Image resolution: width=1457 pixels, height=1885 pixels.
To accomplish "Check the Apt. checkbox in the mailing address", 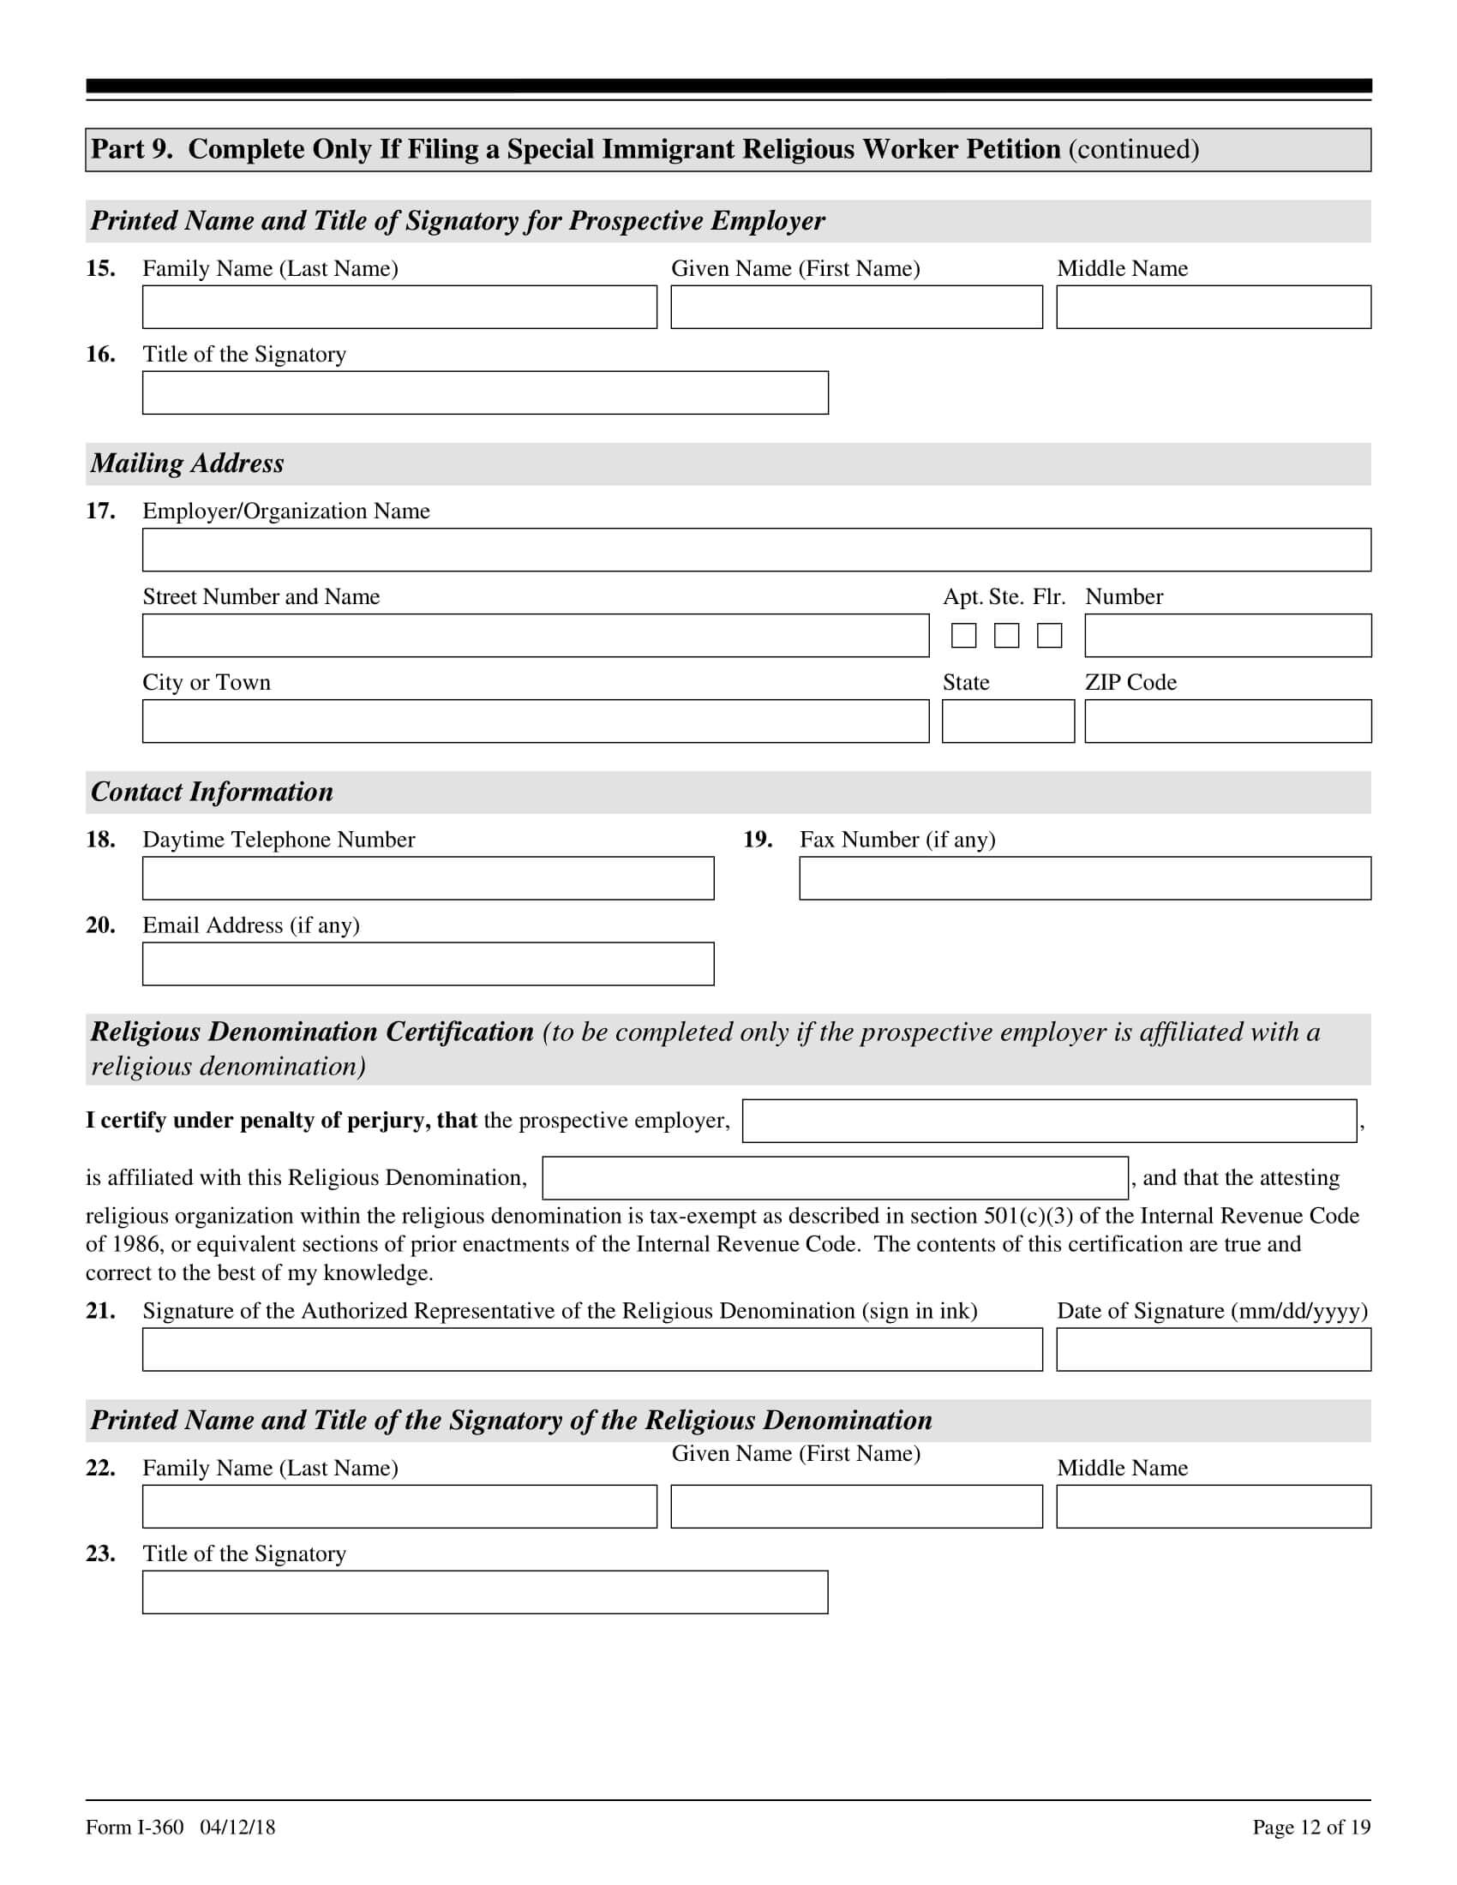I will pyautogui.click(x=963, y=635).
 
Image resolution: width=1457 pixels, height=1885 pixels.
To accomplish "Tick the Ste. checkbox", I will pyautogui.click(x=1006, y=635).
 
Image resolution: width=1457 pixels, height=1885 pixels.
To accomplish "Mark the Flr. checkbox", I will pyautogui.click(x=1049, y=635).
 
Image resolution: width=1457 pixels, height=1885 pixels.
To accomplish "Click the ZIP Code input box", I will pyautogui.click(x=1227, y=721).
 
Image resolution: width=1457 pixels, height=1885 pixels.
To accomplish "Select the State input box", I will pyautogui.click(x=1007, y=721).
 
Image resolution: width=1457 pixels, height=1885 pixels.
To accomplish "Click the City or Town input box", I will pyautogui.click(x=535, y=721).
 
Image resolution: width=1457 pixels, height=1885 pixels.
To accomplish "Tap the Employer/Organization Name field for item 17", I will pyautogui.click(x=756, y=550).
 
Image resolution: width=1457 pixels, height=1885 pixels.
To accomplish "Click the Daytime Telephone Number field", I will pyautogui.click(x=429, y=877).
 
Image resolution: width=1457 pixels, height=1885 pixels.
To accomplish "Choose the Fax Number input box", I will pyautogui.click(x=1084, y=877).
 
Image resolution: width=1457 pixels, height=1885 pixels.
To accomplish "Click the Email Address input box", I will pyautogui.click(x=429, y=963).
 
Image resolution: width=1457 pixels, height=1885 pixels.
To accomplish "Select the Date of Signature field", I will pyautogui.click(x=1213, y=1349).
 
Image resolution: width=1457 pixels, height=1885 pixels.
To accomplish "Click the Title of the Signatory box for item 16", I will pyautogui.click(x=485, y=392).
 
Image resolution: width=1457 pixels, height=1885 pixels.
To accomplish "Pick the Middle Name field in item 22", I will pyautogui.click(x=1213, y=1506).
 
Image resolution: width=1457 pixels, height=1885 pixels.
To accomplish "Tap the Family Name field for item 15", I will pyautogui.click(x=399, y=308).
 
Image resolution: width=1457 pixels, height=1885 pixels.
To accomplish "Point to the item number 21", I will pyautogui.click(x=100, y=1310).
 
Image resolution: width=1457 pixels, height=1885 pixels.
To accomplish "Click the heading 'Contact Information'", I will pyautogui.click(x=213, y=792).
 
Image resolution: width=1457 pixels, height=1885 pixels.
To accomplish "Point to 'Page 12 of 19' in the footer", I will pyautogui.click(x=1310, y=1827).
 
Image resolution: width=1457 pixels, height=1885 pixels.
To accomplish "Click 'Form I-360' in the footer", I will pyautogui.click(x=135, y=1827).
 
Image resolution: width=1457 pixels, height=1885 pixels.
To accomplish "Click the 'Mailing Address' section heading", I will pyautogui.click(x=188, y=464).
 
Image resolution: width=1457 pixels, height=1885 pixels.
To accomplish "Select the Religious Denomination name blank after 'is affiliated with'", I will pyautogui.click(x=835, y=1177).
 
